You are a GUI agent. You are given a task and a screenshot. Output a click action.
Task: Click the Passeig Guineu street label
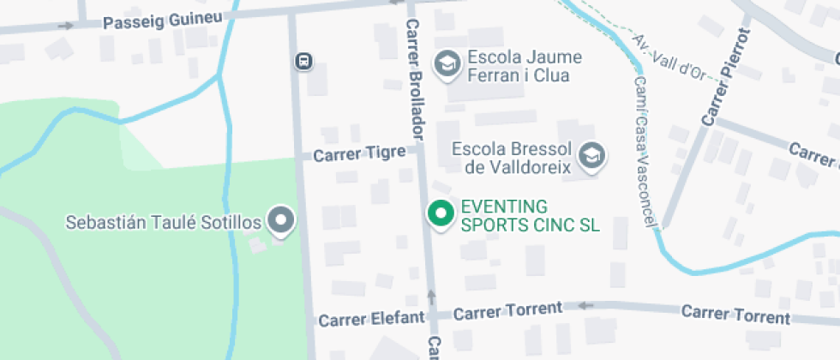tap(162, 21)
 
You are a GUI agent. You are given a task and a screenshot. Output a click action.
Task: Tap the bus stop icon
tap(304, 62)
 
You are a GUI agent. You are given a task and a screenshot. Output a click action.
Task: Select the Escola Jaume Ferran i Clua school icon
tap(446, 63)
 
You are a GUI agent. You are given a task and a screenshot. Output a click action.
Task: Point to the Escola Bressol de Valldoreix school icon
tap(591, 155)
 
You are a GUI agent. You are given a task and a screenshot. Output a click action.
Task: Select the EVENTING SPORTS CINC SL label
tap(530, 216)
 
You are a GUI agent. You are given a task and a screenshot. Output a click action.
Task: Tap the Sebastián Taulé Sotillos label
tap(164, 223)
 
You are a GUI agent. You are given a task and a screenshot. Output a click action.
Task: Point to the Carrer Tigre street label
tap(359, 154)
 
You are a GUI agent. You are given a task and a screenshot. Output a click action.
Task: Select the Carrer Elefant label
tap(371, 320)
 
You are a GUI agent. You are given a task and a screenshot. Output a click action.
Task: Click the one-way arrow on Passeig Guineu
tap(65, 25)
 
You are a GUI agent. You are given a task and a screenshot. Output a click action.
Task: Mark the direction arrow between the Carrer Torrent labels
tap(586, 305)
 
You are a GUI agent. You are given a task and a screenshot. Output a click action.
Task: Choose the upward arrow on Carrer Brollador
tap(431, 297)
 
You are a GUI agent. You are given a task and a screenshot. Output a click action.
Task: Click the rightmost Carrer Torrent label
tap(735, 314)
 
